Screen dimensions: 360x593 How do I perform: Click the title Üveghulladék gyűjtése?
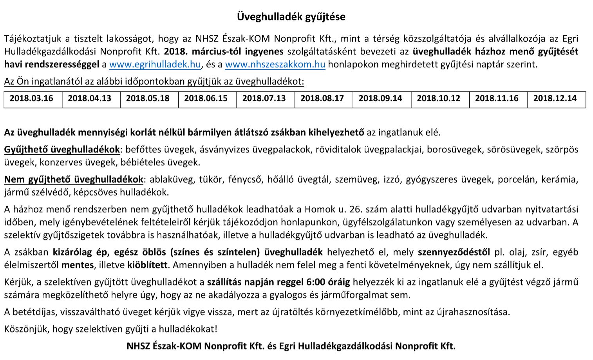291,17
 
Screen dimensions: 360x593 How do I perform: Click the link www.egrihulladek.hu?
155,65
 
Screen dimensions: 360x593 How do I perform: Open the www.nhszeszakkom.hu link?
275,65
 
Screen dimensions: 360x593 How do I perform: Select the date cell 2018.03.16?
31,98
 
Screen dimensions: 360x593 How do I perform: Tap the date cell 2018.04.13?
90,98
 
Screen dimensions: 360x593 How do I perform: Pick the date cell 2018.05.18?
148,98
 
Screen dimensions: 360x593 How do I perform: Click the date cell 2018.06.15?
206,98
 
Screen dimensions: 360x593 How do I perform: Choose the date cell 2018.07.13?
264,98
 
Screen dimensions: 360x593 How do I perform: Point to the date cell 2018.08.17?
322,98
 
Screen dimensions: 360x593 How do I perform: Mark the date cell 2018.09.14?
380,98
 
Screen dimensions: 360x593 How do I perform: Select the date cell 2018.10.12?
439,98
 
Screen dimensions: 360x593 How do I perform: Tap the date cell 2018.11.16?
497,98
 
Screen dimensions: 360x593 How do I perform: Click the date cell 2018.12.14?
555,98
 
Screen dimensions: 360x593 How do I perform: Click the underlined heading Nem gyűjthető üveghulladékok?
74,180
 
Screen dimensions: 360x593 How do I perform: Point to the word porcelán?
516,180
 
